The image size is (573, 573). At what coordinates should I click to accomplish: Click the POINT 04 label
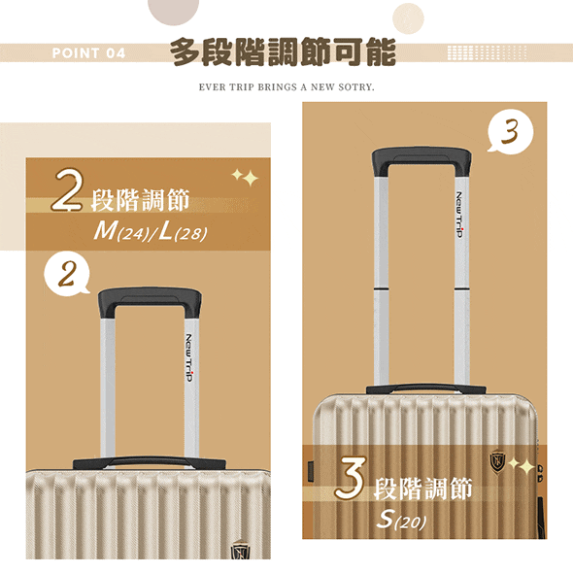[x=88, y=53]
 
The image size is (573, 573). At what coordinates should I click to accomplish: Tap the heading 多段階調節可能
[x=283, y=51]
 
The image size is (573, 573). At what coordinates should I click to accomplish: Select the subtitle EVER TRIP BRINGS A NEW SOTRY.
[x=286, y=87]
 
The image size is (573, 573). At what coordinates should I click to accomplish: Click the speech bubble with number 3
[x=510, y=131]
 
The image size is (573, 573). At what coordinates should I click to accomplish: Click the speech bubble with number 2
[x=66, y=275]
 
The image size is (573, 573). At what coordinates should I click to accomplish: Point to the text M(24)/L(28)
[x=151, y=232]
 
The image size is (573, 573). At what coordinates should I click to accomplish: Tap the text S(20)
[x=401, y=520]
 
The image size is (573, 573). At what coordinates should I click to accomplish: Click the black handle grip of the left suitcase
[x=150, y=300]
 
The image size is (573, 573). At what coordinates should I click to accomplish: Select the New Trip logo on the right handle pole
[x=460, y=214]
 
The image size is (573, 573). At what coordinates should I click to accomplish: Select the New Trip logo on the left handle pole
[x=188, y=357]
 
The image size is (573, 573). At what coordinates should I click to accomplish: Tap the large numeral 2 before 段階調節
[x=67, y=190]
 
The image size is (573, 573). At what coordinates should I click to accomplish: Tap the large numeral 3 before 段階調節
[x=350, y=478]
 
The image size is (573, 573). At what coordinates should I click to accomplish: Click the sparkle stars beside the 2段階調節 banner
[x=246, y=177]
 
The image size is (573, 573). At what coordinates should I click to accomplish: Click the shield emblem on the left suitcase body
[x=241, y=550]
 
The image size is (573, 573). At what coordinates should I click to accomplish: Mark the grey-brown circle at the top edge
[x=174, y=11]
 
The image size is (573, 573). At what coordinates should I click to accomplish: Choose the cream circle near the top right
[x=408, y=18]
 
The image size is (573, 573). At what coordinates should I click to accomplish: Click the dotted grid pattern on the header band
[x=488, y=52]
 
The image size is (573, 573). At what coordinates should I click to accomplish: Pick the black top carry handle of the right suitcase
[x=425, y=388]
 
